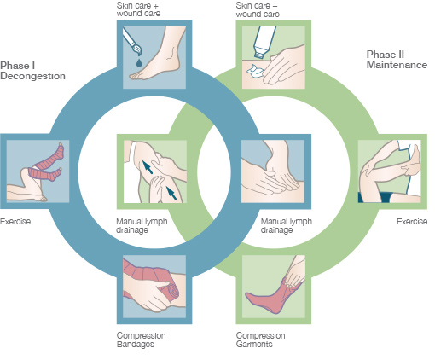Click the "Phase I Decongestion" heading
tap(32, 71)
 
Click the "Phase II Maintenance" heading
tap(397, 60)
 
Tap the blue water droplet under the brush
tap(139, 62)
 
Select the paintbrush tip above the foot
tap(136, 49)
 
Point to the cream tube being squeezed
tap(264, 42)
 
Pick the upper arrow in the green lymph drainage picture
tap(148, 167)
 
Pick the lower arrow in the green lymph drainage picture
tap(171, 193)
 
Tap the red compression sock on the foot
tap(271, 296)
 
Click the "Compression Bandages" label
tap(141, 340)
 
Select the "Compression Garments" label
tap(260, 340)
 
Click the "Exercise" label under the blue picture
tap(15, 222)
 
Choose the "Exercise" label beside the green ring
tap(412, 222)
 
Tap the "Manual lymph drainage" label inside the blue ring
tap(142, 225)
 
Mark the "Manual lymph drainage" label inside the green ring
tap(287, 225)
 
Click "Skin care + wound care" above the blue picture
tap(138, 9)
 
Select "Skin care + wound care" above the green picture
tap(258, 9)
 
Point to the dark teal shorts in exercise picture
tap(376, 197)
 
